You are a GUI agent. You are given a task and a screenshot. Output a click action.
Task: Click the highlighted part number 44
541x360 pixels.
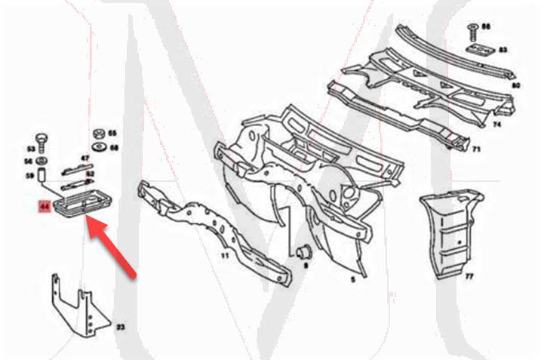point(43,205)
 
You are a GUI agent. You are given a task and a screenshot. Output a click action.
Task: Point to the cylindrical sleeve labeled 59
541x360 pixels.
point(42,177)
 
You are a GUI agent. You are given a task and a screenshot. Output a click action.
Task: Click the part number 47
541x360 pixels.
point(85,158)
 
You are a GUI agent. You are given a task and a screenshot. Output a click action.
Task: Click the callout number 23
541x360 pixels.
point(119,328)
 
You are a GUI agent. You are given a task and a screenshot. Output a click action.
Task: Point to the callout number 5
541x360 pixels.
point(352,278)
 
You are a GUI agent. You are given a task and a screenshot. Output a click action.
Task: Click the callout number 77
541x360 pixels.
point(469,277)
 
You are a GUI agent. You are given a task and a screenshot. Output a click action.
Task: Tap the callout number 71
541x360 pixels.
point(476,150)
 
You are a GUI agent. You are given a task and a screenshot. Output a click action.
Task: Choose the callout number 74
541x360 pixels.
point(498,123)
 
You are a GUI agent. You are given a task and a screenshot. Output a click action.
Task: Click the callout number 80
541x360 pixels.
point(516,85)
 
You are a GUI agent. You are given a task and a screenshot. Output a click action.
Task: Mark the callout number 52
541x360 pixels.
point(89,174)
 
